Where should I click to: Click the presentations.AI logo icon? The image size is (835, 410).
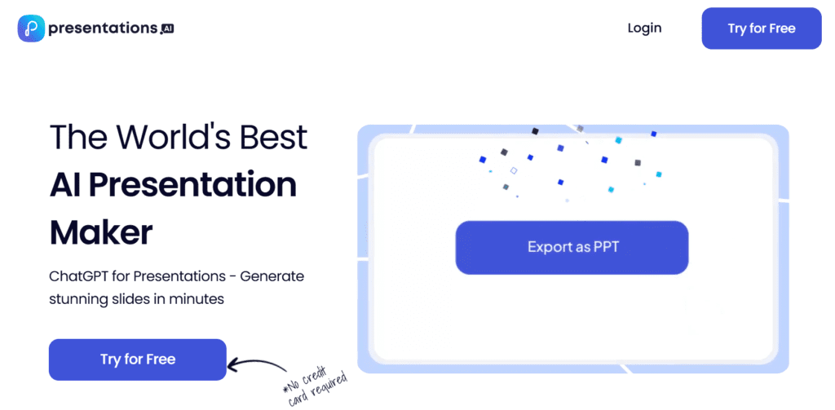[x=31, y=29]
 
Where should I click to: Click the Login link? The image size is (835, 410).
[x=644, y=29]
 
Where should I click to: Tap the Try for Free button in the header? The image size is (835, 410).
[x=762, y=29]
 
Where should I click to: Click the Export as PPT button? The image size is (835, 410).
[x=572, y=248]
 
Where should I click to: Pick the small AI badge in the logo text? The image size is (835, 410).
[x=167, y=29]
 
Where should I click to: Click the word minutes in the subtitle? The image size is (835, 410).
[x=197, y=299]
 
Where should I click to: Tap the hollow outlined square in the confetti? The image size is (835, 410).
[x=514, y=170]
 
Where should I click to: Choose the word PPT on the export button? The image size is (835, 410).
[x=607, y=248]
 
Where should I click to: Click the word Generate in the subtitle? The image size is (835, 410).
[x=272, y=277]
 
